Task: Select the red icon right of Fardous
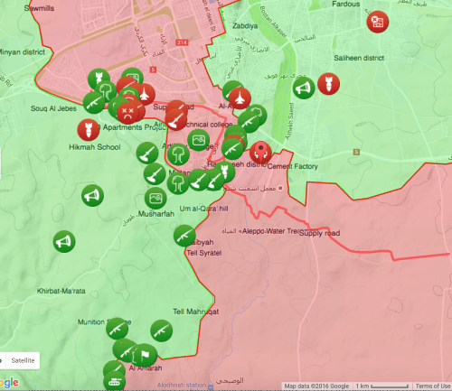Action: coord(378,23)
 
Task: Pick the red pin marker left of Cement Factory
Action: coord(261,152)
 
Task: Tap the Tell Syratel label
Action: coord(203,252)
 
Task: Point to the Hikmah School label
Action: coord(96,147)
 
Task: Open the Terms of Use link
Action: coord(432,386)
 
